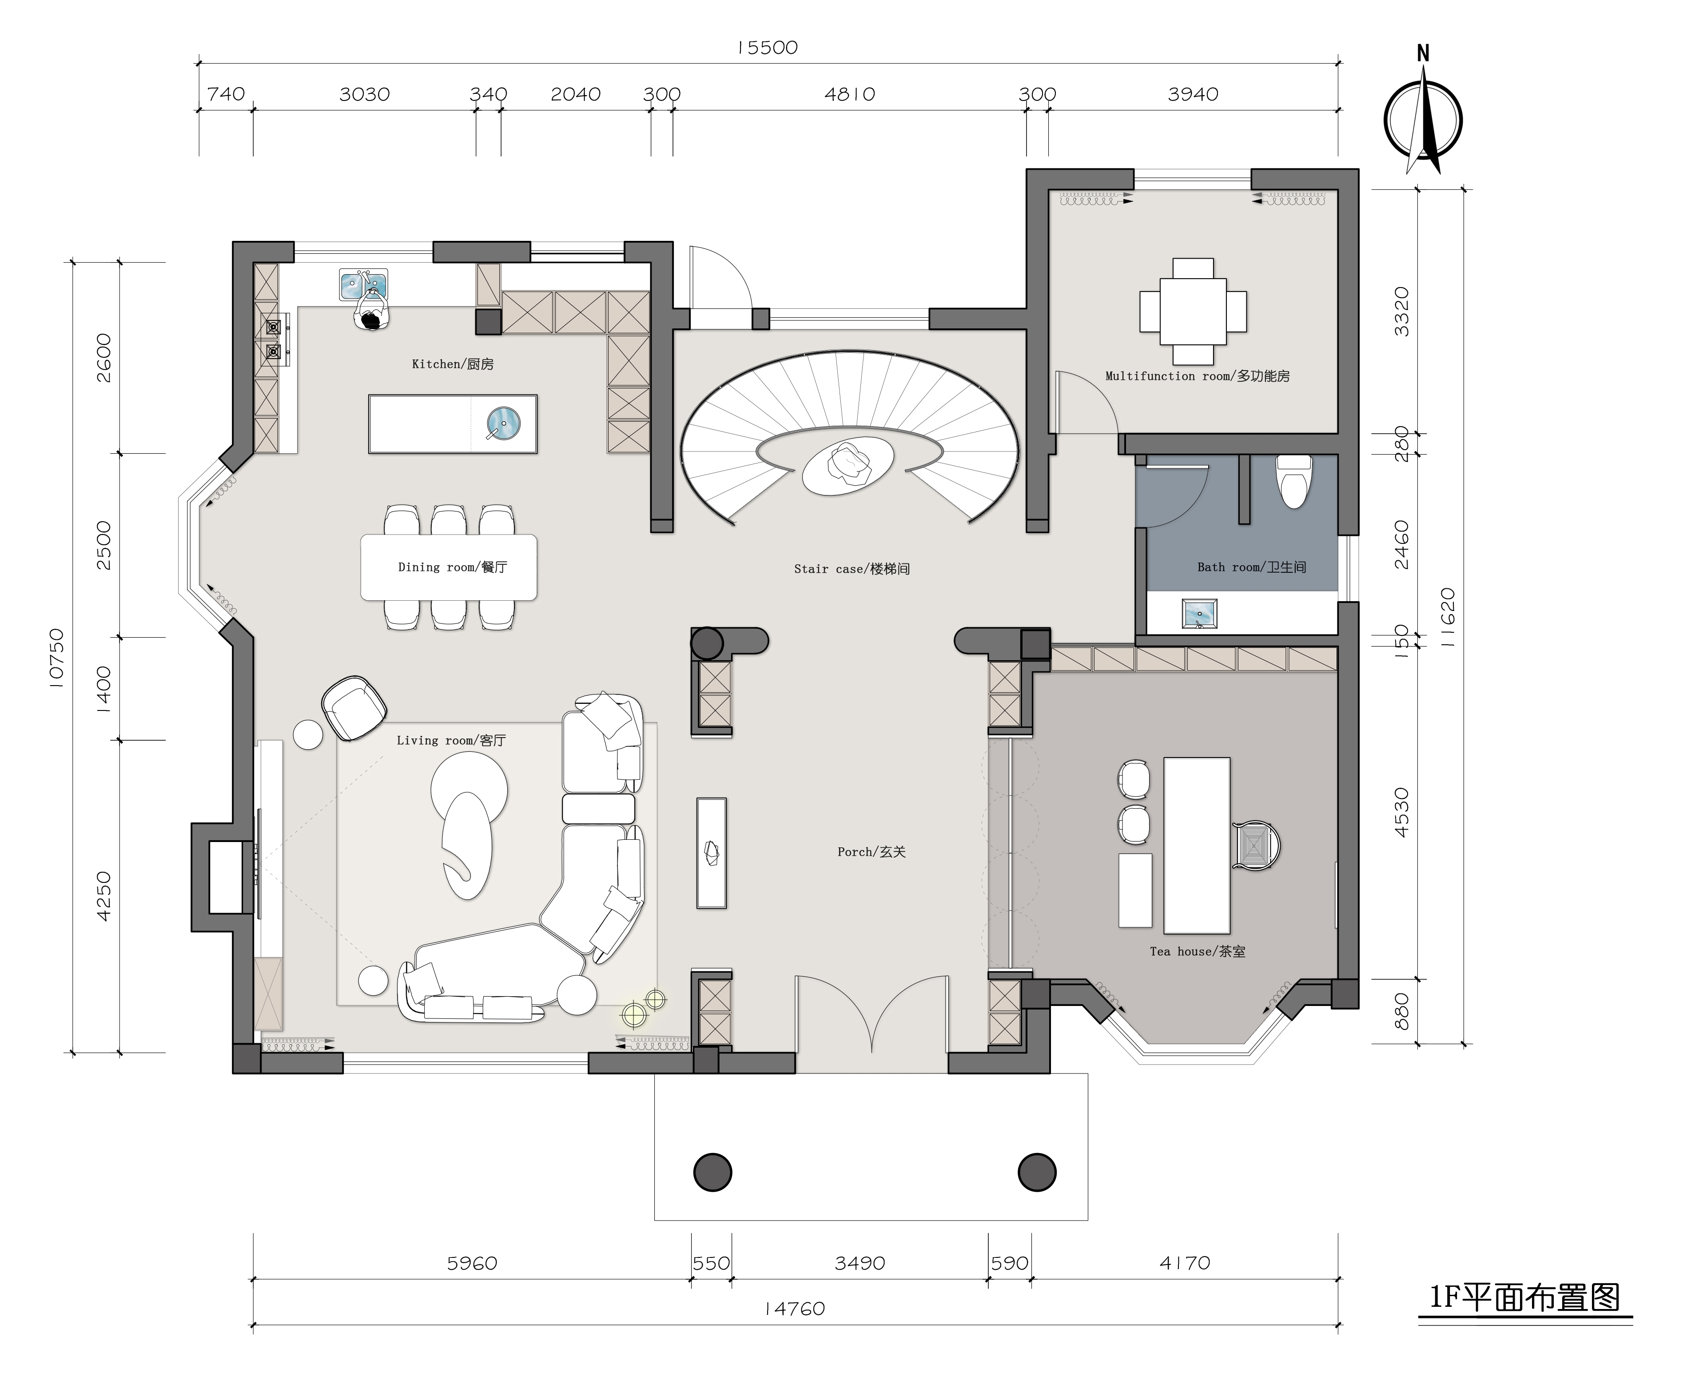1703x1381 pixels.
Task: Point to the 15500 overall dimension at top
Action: click(x=767, y=48)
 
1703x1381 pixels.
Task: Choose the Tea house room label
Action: click(x=1198, y=951)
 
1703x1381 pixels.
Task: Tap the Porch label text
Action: click(x=871, y=851)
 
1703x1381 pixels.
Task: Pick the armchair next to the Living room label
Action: click(x=354, y=707)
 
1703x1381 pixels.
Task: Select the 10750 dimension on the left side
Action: click(x=56, y=657)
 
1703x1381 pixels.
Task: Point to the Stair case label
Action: click(x=851, y=569)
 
